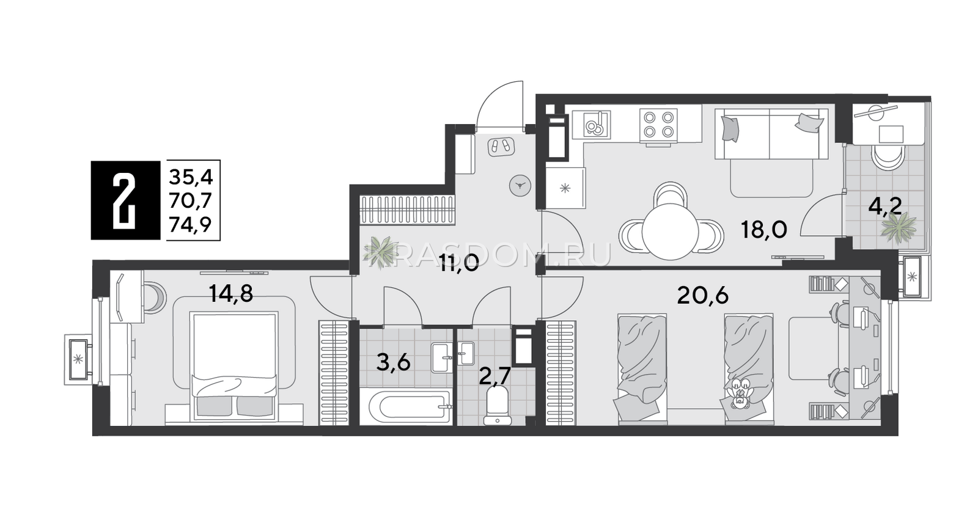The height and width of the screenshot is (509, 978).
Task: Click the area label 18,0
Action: pos(764,229)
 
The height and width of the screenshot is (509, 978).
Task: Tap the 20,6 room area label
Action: pos(703,296)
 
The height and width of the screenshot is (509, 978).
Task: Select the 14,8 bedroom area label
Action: pos(231,293)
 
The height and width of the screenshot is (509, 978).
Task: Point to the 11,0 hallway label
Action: pos(459,263)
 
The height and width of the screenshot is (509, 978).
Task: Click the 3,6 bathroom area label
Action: pos(394,362)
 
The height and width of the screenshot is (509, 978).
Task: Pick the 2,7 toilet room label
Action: pos(495,376)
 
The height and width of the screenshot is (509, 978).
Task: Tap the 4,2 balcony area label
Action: pos(885,206)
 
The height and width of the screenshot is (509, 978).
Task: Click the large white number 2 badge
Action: pos(125,200)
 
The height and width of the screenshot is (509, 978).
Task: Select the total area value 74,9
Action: pos(190,225)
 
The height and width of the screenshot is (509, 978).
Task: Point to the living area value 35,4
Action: pos(191,177)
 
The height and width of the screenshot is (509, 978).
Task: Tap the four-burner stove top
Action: pos(658,125)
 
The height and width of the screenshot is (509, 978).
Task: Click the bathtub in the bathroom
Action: pos(410,407)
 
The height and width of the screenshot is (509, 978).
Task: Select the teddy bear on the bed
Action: pos(739,393)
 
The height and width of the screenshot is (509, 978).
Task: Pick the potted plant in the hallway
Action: pos(381,252)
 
